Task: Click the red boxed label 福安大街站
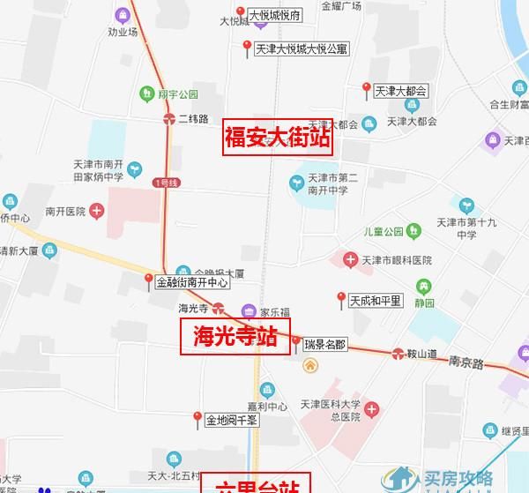[277, 138]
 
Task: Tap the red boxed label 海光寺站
[235, 337]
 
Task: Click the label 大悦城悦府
[275, 16]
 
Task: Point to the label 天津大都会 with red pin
[400, 90]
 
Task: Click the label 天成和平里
[375, 300]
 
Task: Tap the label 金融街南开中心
[192, 283]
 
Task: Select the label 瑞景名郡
[325, 343]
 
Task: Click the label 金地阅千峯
[232, 421]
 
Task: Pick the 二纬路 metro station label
[192, 118]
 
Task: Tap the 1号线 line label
[165, 183]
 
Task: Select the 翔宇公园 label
[178, 93]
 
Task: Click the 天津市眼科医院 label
[397, 261]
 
